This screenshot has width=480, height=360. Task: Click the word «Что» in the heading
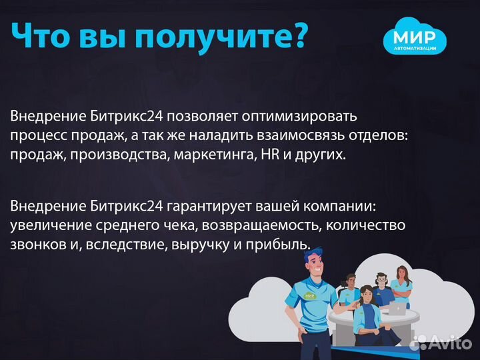[43, 37]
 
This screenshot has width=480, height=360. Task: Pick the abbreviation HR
[259, 154]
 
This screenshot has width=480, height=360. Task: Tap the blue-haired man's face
[314, 260]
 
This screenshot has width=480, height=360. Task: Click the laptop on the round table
[397, 308]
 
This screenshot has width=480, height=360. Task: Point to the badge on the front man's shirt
[309, 295]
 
